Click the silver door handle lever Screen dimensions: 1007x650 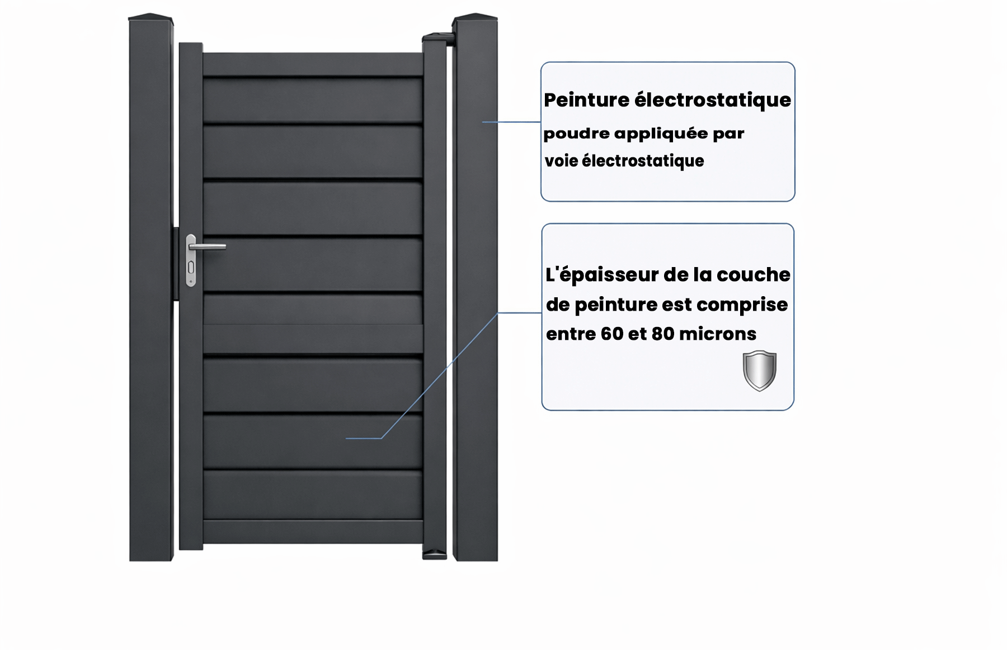click(x=208, y=246)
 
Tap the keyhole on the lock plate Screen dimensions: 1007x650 click(x=191, y=268)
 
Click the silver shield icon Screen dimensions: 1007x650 click(x=759, y=371)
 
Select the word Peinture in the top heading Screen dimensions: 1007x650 click(x=587, y=100)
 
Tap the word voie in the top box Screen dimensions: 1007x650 click(x=561, y=161)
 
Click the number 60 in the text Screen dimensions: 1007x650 click(x=612, y=334)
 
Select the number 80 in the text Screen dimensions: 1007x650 click(x=663, y=334)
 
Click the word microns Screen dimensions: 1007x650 click(x=718, y=334)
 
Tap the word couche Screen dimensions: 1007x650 click(x=754, y=275)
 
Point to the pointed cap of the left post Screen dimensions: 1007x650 click(x=151, y=17)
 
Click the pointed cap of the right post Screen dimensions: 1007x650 click(x=475, y=17)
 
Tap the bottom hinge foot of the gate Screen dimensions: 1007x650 click(x=435, y=555)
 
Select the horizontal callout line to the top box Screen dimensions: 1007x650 click(x=511, y=121)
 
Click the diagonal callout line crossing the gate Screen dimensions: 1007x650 click(x=439, y=376)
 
